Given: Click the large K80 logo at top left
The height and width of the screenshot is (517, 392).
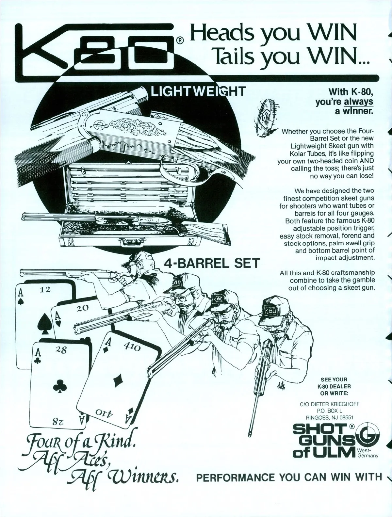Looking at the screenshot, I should pyautogui.click(x=98, y=49).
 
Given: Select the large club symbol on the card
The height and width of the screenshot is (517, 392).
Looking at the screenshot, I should pyautogui.click(x=61, y=386).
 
